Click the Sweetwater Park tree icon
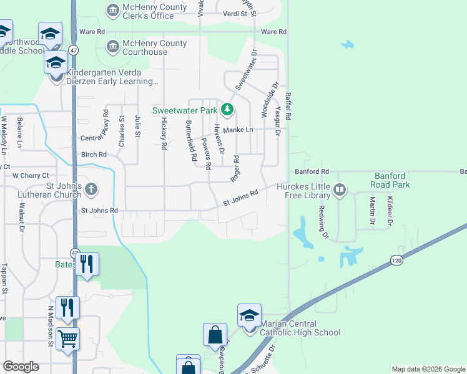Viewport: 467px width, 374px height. pyautogui.click(x=227, y=111)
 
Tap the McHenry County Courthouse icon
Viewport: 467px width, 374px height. pyautogui.click(x=113, y=46)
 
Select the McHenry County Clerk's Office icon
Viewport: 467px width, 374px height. pyautogui.click(x=113, y=9)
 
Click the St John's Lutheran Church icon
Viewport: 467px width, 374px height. pyautogui.click(x=91, y=188)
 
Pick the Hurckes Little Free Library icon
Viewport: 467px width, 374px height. pyautogui.click(x=340, y=189)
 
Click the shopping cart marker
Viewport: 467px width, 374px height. pyautogui.click(x=68, y=340)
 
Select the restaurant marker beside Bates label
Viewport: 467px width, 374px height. pyautogui.click(x=87, y=264)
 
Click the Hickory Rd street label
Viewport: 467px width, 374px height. pyautogui.click(x=164, y=133)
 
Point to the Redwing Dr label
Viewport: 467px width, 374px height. pyautogui.click(x=323, y=222)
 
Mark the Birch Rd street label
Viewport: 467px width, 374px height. pyautogui.click(x=94, y=155)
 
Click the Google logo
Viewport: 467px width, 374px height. pyautogui.click(x=21, y=367)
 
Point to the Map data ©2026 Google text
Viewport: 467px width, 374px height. pyautogui.click(x=428, y=369)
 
